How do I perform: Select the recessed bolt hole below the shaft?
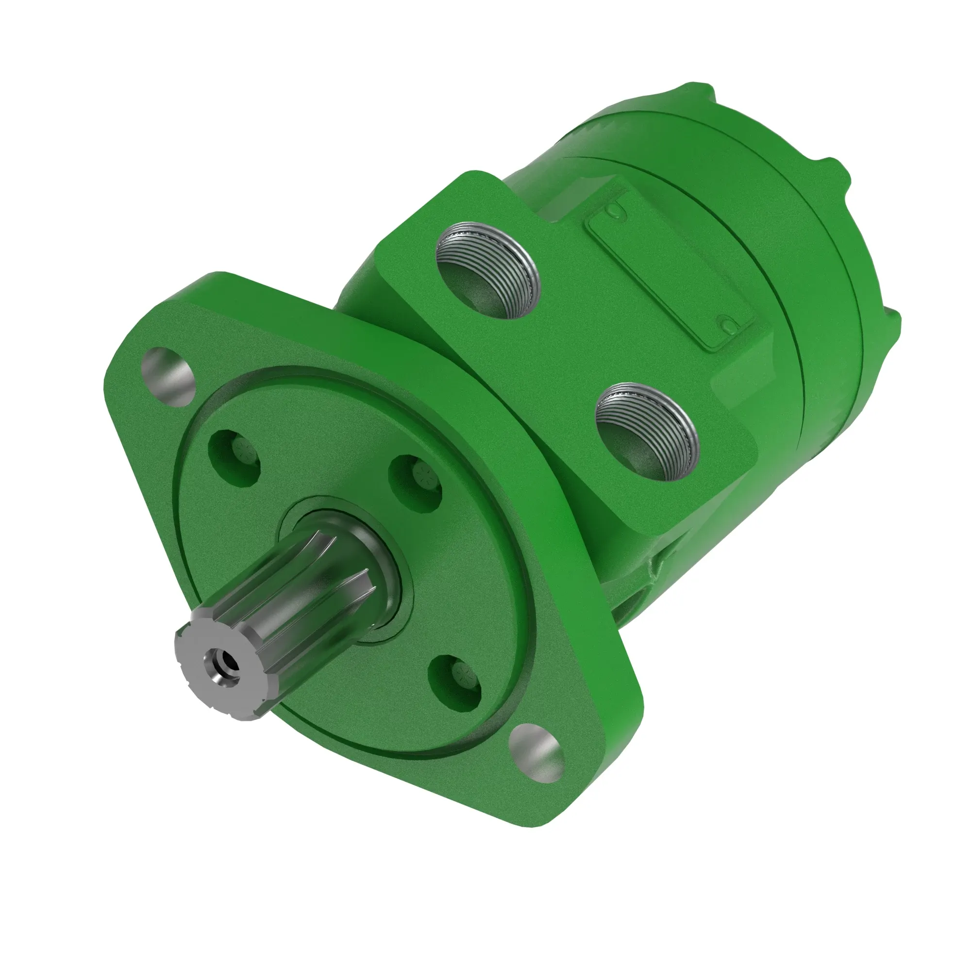(455, 676)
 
